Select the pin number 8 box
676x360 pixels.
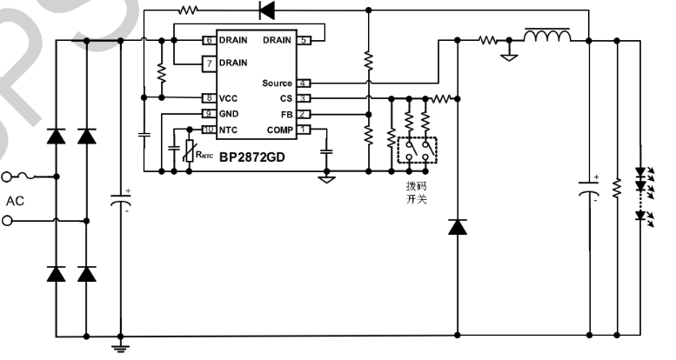[209, 98]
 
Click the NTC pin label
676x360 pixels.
[229, 130]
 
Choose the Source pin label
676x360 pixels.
[277, 83]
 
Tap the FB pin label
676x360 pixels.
[285, 114]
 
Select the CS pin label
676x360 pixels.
[285, 98]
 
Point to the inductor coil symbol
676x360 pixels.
[546, 36]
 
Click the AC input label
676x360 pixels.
[16, 201]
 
